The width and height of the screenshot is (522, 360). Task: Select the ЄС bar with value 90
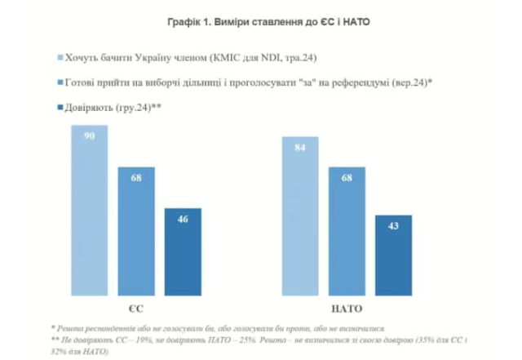point(89,212)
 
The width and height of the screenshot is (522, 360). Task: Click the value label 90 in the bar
point(89,137)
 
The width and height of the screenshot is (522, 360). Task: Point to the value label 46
point(182,219)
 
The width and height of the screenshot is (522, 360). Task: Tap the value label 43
point(393,226)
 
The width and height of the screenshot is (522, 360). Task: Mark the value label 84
point(300,148)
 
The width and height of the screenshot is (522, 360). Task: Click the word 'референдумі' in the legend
point(358,82)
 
